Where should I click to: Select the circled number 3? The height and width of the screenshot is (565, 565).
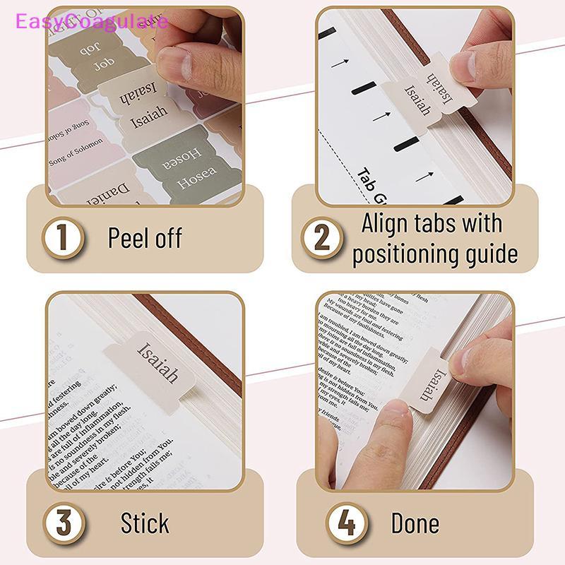click(62, 523)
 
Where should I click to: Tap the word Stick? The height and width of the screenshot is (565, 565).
click(145, 523)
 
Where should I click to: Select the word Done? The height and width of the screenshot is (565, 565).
click(415, 523)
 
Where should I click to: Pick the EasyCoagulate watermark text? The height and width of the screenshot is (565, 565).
click(85, 22)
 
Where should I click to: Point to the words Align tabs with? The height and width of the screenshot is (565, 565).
click(432, 223)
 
